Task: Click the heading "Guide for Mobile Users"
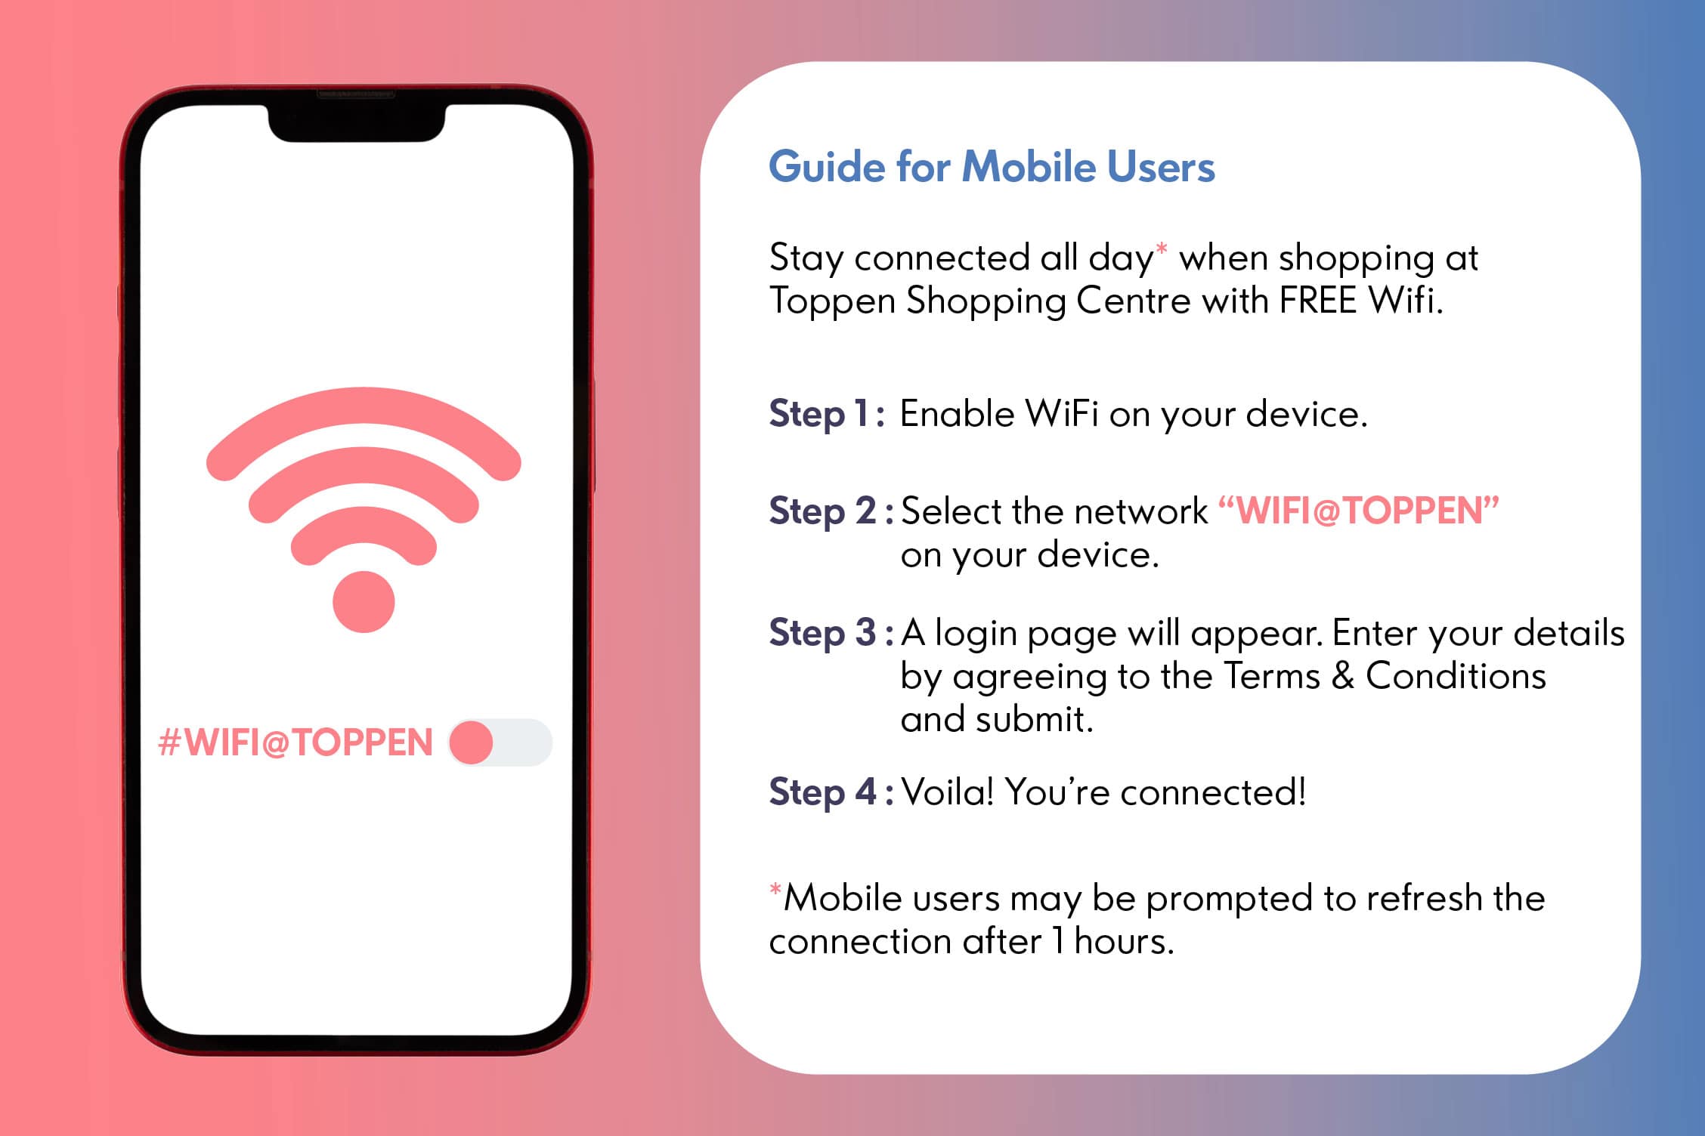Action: click(x=992, y=167)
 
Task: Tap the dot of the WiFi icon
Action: click(x=364, y=601)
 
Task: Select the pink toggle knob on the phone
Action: click(x=471, y=742)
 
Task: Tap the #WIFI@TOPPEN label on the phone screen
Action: click(x=296, y=742)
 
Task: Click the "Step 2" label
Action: click(x=831, y=512)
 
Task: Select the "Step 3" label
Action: click(x=831, y=634)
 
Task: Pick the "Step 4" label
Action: click(x=831, y=793)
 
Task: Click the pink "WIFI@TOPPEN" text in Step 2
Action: click(x=1359, y=511)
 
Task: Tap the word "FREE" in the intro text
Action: click(x=1318, y=300)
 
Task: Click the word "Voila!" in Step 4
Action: click(x=948, y=792)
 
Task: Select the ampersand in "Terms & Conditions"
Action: click(x=1342, y=676)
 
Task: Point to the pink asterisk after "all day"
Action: click(x=1162, y=248)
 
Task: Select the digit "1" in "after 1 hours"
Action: click(x=1058, y=941)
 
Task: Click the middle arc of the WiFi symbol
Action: click(x=364, y=468)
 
